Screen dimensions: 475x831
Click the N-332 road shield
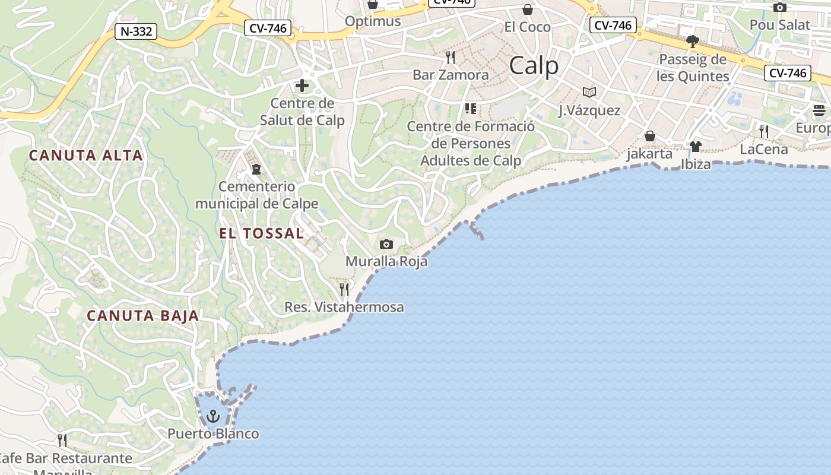click(135, 31)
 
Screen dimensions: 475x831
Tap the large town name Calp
click(534, 65)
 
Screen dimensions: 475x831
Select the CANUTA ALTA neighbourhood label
click(86, 156)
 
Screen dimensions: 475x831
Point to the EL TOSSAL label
click(262, 233)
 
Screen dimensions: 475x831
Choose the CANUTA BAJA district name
click(143, 316)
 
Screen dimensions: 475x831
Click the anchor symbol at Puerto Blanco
click(212, 416)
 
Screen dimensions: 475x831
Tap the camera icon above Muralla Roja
click(386, 245)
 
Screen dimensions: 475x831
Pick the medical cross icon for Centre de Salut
click(302, 86)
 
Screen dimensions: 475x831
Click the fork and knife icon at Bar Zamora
click(451, 58)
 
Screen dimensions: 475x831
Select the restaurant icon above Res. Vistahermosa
click(344, 290)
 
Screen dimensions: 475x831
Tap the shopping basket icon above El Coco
click(527, 9)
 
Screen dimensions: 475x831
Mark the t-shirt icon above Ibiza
click(696, 147)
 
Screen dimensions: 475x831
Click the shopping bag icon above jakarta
click(650, 137)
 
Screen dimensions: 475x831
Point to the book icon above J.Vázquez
click(589, 93)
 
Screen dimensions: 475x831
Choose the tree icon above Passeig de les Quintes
click(692, 42)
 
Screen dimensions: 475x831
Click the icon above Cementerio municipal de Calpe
click(256, 170)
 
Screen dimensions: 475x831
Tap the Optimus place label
click(373, 21)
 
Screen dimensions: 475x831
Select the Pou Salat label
click(779, 25)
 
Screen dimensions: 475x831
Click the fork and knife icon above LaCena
click(764, 132)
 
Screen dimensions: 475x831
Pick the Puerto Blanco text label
click(213, 434)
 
